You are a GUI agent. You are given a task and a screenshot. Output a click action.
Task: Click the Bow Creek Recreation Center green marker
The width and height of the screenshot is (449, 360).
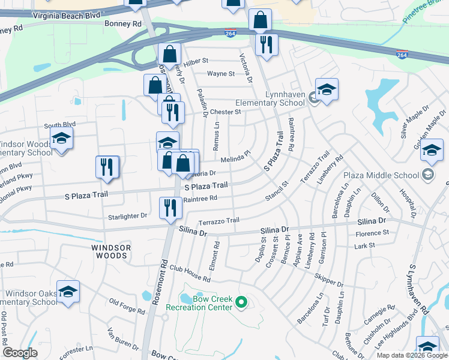click(241, 302)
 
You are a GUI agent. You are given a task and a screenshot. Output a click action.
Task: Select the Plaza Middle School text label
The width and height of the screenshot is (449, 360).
click(381, 175)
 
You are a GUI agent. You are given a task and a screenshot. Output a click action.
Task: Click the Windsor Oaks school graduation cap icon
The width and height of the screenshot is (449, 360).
click(68, 292)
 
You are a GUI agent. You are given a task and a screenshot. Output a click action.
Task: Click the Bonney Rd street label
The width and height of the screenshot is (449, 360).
click(122, 24)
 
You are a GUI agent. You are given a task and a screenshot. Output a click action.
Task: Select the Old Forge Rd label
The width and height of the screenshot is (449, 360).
click(127, 306)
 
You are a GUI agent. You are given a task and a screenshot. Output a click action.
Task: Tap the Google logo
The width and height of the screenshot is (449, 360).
click(20, 353)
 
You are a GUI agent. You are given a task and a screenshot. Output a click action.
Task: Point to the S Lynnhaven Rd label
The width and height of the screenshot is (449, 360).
click(418, 289)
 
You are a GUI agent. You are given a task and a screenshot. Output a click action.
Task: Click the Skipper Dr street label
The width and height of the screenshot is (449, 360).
click(328, 280)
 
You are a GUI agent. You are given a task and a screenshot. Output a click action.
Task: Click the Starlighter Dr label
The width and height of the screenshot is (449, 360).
click(127, 215)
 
